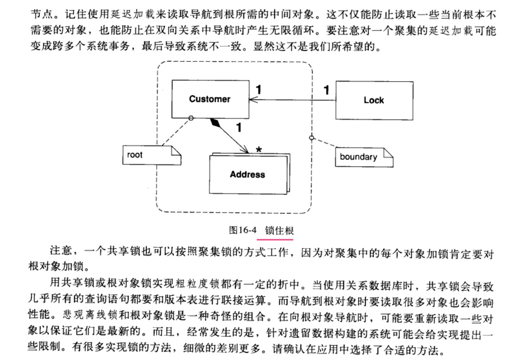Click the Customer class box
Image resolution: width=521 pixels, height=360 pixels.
[x=210, y=99]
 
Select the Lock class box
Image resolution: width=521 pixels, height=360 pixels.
[x=374, y=101]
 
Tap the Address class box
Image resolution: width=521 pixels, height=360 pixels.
[x=247, y=175]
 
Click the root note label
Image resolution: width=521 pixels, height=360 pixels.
[x=135, y=155]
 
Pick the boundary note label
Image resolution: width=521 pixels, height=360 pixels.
[x=358, y=157]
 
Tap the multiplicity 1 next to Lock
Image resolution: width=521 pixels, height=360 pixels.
[x=326, y=90]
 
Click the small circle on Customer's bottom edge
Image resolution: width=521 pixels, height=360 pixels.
[x=191, y=118]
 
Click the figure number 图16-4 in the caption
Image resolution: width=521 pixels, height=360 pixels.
[x=242, y=231]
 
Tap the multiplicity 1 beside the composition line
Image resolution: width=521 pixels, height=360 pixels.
[x=238, y=128]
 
